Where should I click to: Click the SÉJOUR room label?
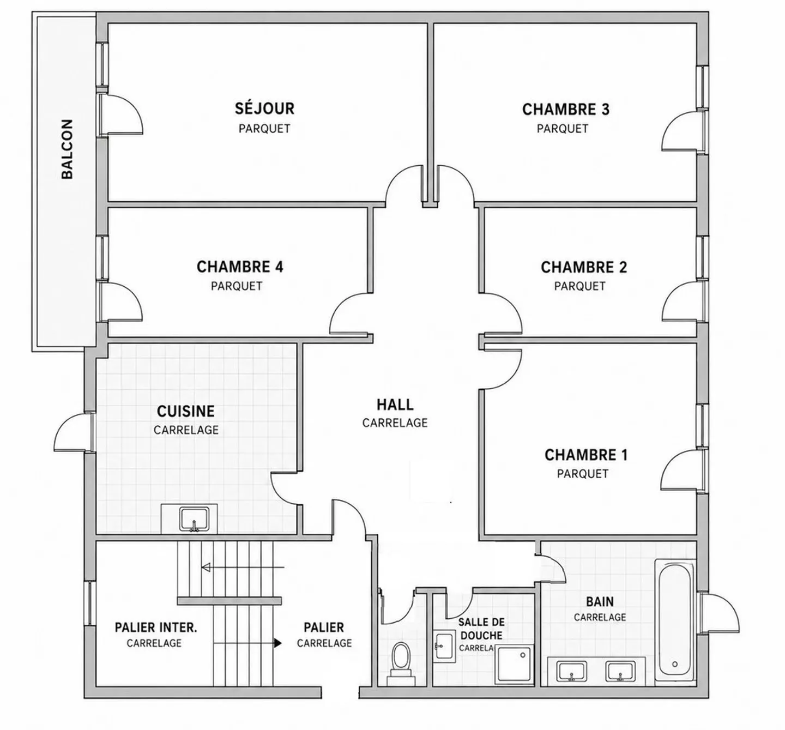pos(264,108)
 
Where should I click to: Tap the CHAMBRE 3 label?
pos(566,110)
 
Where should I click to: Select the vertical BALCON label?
pos(68,149)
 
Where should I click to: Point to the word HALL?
pos(395,405)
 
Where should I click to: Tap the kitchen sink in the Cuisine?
pos(194,519)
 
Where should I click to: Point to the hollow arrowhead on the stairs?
pos(206,568)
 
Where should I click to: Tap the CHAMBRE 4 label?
pos(240,267)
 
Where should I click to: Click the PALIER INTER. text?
pos(156,628)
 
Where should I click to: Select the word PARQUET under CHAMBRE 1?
pos(583,474)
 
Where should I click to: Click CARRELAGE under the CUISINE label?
pos(186,430)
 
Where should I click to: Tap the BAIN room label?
pos(600,602)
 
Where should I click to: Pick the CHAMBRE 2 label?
pos(584,267)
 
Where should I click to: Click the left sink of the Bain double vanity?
pos(571,672)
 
